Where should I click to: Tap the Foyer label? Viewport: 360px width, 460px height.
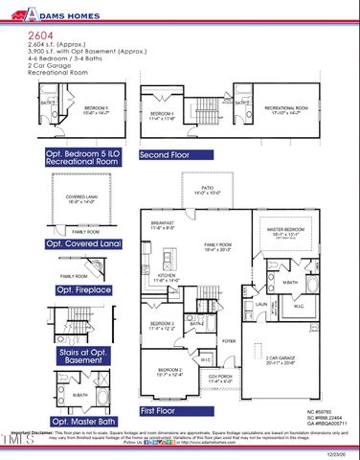229,341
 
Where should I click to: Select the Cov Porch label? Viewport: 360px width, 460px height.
222,378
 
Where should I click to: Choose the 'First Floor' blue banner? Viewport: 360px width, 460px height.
164,411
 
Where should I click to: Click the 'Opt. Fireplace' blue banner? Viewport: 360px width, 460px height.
85,289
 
